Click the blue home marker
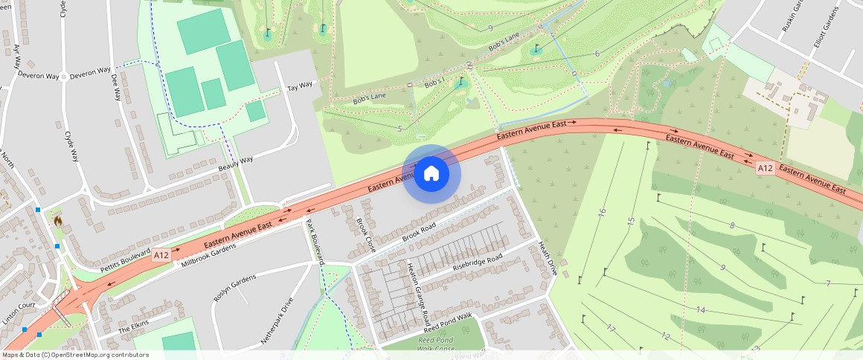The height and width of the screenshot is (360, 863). click(431, 175)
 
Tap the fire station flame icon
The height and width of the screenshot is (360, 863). click(57, 220)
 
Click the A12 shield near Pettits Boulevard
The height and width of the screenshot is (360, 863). click(161, 255)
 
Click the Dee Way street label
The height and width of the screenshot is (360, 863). click(116, 86)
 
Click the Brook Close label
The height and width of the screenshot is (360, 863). click(364, 233)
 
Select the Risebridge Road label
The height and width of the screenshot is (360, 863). click(478, 262)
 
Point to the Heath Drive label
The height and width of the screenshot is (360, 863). click(548, 259)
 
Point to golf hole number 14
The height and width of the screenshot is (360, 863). click(700, 309)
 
